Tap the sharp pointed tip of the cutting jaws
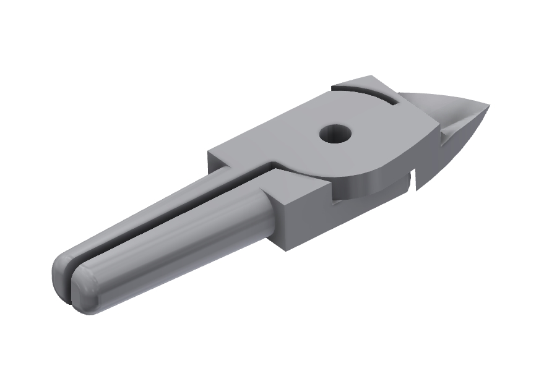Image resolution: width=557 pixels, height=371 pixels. (488, 106)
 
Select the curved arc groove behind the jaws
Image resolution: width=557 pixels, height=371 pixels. (365, 93)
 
